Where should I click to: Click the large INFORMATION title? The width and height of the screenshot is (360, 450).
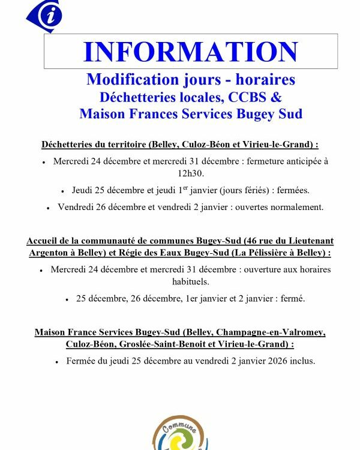click(190, 52)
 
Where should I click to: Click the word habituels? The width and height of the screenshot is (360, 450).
click(191, 281)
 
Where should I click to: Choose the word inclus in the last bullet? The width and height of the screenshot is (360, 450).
click(302, 361)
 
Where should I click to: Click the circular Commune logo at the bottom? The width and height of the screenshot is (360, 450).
click(181, 433)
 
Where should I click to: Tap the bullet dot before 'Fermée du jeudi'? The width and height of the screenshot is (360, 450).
click(57, 362)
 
